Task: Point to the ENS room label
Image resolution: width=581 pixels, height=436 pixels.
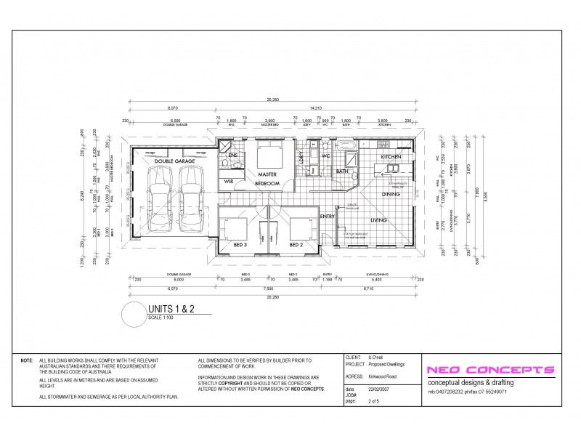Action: click(233, 156)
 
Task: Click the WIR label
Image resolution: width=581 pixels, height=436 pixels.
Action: click(229, 180)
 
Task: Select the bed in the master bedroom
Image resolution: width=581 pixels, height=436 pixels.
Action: click(269, 156)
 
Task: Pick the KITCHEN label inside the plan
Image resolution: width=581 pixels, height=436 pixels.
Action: click(391, 157)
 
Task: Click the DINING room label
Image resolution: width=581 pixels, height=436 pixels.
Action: click(391, 194)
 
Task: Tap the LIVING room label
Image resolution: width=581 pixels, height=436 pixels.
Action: click(378, 221)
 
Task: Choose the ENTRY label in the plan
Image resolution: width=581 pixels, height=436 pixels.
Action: click(327, 216)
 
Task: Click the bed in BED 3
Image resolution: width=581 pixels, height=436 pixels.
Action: click(235, 230)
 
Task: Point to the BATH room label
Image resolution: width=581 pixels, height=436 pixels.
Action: click(341, 171)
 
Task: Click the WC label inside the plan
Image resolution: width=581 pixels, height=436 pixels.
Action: click(326, 156)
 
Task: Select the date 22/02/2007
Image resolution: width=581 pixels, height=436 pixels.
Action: click(380, 389)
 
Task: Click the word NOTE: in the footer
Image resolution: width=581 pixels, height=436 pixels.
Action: click(27, 360)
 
